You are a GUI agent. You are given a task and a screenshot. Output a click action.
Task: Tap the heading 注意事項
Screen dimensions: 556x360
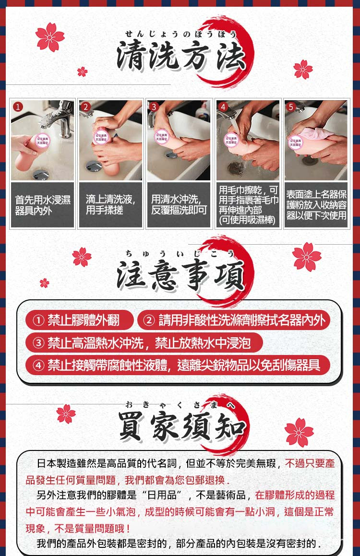180,275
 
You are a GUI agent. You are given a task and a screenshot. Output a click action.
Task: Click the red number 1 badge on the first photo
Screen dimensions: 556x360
18,107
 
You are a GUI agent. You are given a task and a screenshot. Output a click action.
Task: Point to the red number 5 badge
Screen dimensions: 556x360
290,107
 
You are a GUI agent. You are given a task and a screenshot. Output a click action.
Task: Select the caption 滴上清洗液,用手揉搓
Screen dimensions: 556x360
110,205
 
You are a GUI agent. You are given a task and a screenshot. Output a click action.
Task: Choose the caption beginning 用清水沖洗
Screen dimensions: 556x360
179,205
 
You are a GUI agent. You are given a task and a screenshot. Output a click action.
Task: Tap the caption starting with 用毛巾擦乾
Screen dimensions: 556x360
248,205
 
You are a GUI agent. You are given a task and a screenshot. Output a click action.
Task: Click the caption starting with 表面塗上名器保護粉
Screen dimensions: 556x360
316,205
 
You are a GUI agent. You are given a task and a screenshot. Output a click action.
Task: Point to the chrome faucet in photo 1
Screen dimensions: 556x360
60,118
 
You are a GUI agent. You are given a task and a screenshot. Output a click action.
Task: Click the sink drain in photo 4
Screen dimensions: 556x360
236,167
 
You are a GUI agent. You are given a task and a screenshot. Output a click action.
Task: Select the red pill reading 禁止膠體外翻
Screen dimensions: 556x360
80,320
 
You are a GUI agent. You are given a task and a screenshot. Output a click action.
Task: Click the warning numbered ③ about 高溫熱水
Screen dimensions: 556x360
144,343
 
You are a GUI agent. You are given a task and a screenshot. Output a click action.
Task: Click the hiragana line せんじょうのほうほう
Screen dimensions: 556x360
180,34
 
